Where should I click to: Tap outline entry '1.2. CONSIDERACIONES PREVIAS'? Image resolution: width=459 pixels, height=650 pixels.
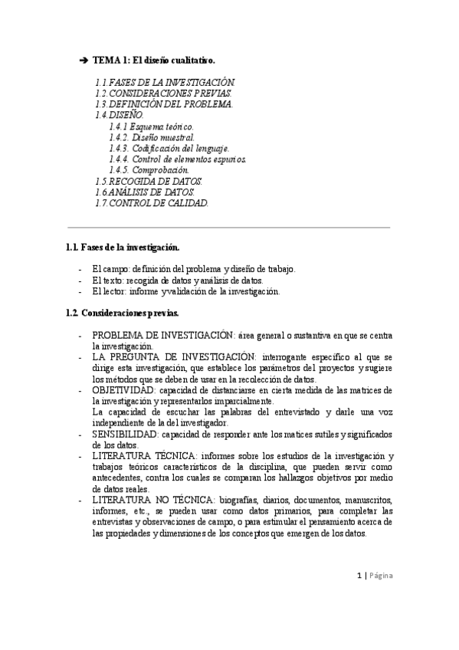pos(158,93)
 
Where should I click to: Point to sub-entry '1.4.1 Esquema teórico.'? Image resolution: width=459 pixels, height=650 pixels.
pos(152,126)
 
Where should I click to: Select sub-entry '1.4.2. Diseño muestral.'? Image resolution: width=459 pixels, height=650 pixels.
pos(152,137)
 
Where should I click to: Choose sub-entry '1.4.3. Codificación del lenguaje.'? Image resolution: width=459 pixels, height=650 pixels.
pos(169,148)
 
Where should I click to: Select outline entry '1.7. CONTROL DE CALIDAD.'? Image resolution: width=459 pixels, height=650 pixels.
pos(152,203)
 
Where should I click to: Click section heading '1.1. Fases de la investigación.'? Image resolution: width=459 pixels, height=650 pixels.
pos(124,247)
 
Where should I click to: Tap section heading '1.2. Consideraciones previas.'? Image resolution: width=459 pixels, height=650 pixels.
pos(123,314)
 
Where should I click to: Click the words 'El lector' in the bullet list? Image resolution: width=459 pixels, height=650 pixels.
pos(106,291)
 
